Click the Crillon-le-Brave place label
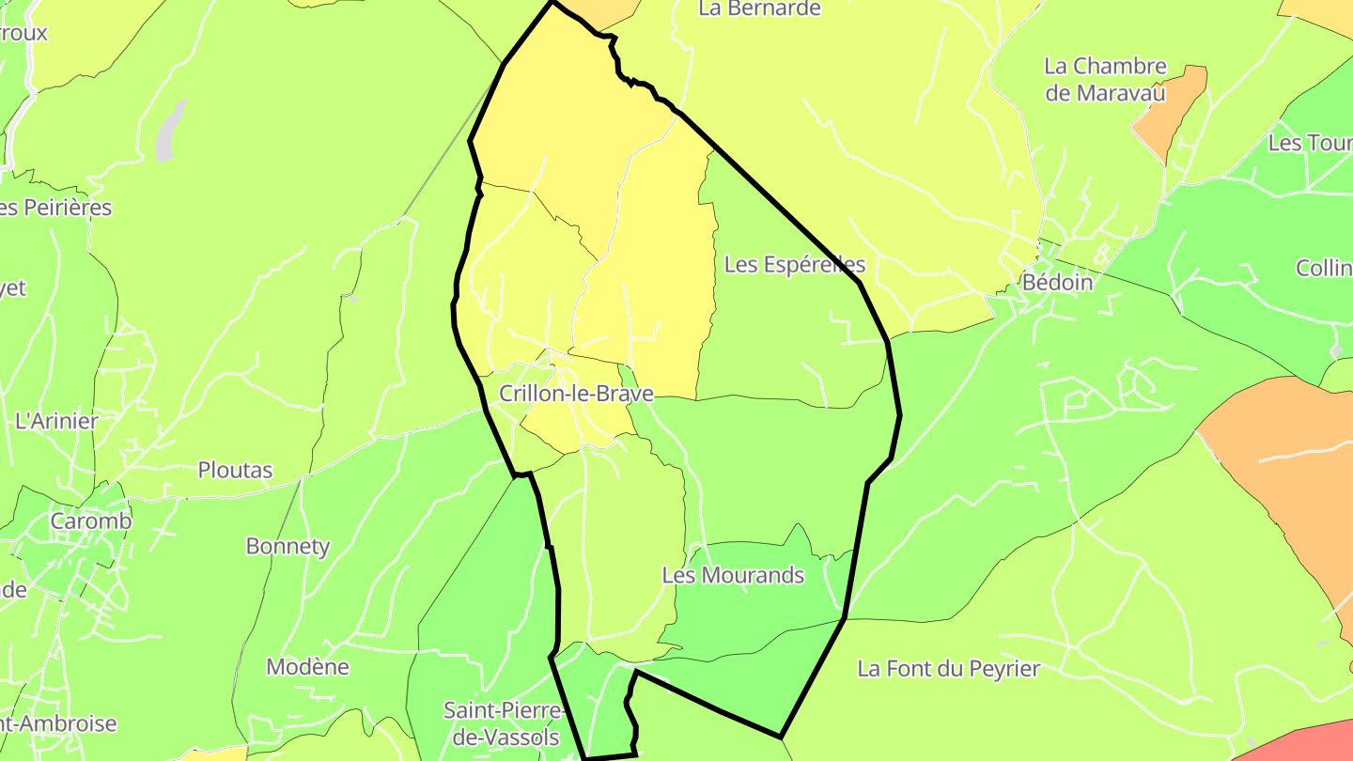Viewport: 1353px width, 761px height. click(576, 394)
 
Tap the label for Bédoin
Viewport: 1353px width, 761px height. click(1057, 282)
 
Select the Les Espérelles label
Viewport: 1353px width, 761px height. click(794, 265)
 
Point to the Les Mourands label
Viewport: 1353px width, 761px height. click(733, 575)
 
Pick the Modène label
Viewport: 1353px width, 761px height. click(307, 667)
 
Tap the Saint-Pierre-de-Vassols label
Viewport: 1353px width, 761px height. click(505, 723)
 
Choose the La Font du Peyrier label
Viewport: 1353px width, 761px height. click(948, 669)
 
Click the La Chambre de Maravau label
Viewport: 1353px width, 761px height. click(1105, 80)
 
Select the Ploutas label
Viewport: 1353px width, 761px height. click(235, 470)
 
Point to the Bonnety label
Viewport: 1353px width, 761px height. click(288, 546)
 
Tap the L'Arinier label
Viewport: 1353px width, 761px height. click(56, 421)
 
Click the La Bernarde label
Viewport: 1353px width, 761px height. click(759, 9)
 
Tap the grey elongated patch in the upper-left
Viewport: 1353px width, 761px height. click(169, 132)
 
